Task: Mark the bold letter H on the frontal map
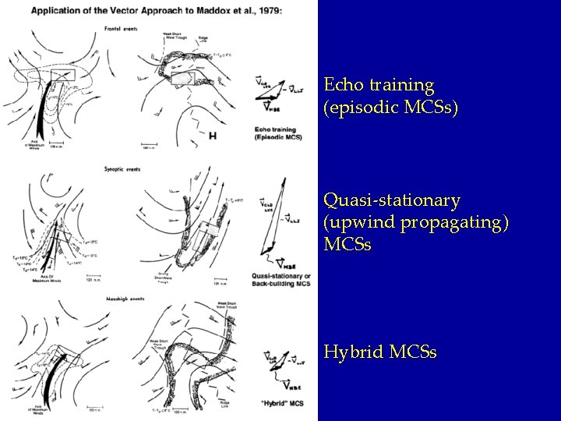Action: click(x=213, y=135)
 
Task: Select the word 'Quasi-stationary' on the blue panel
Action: click(x=380, y=201)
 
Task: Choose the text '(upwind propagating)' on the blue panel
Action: click(x=416, y=223)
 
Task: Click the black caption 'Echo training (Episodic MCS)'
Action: click(x=278, y=133)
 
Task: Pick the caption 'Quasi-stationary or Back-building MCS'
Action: click(x=280, y=279)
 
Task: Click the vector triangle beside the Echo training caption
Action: click(x=273, y=92)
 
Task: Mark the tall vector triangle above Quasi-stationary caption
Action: click(x=272, y=225)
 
